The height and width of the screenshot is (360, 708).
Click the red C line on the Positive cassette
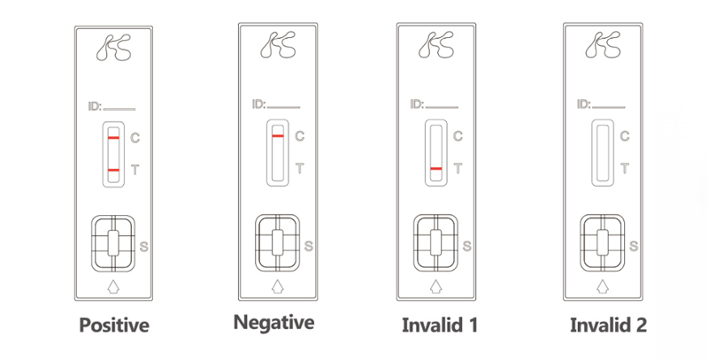(114, 137)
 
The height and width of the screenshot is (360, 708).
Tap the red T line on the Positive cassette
(114, 170)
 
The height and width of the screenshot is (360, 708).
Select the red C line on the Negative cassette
(278, 136)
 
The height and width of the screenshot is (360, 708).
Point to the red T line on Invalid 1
(435, 169)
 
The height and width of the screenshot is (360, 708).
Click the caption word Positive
(114, 325)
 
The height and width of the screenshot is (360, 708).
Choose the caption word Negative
(273, 323)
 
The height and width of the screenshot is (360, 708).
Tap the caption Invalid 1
(439, 325)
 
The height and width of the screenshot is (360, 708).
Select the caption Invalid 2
(608, 325)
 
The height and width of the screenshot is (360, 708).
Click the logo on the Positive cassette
(114, 48)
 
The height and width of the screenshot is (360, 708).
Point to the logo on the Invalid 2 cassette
(603, 44)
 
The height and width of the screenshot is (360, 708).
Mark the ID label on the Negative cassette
(258, 104)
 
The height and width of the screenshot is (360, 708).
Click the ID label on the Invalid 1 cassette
(417, 104)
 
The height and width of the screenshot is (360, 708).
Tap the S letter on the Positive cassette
(144, 247)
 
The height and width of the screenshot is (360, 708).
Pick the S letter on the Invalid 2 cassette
(634, 246)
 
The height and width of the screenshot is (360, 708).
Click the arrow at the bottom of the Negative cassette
(278, 287)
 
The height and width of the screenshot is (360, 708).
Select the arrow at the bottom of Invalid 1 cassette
(435, 287)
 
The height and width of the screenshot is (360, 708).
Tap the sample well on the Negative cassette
(278, 242)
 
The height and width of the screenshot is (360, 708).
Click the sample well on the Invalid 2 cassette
(603, 242)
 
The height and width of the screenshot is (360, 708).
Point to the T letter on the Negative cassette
(299, 169)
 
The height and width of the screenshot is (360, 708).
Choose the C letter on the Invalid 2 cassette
(625, 136)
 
